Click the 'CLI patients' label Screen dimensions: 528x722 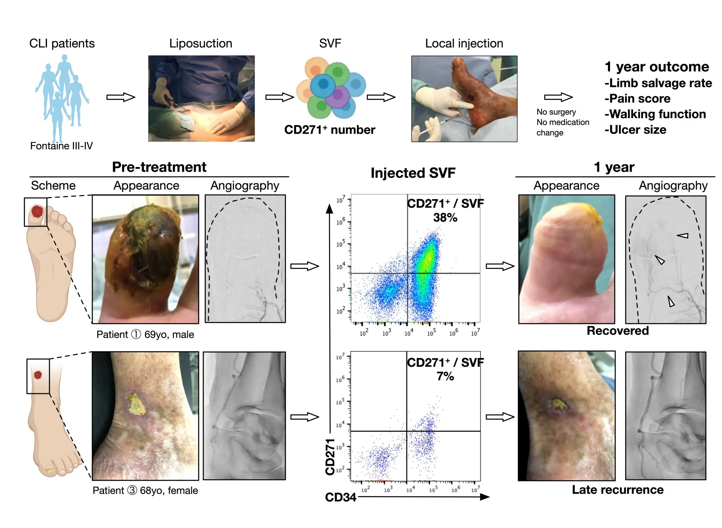[62, 43]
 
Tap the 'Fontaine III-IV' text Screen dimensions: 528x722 [61, 146]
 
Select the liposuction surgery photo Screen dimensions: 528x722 [201, 98]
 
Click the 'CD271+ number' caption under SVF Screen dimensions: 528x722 [329, 130]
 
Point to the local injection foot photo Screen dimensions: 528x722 [464, 99]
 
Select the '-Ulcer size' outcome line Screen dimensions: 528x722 [635, 130]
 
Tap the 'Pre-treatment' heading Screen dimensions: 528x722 [159, 167]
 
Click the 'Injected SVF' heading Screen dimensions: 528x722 [413, 173]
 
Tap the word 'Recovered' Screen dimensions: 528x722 [617, 331]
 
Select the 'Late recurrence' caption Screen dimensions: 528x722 [617, 489]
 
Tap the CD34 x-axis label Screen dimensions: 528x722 [340, 497]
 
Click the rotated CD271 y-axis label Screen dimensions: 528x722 [330, 457]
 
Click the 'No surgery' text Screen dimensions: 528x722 [556, 112]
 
